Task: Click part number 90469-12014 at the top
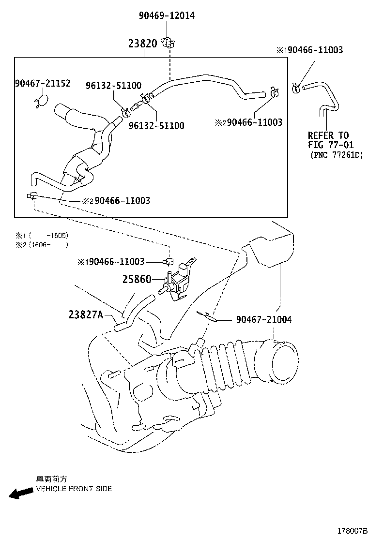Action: (167, 16)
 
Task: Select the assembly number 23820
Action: (142, 44)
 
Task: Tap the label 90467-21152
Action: (42, 84)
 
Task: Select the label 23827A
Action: (86, 315)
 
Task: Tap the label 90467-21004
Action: (264, 320)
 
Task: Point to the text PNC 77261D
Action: (337, 155)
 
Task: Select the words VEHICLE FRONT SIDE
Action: (74, 489)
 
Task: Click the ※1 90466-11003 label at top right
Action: (310, 50)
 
